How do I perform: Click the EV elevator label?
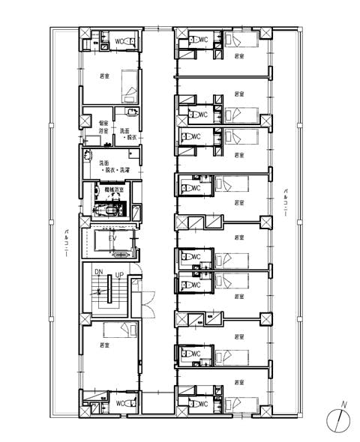coord(113,238)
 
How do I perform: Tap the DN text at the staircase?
coord(98,271)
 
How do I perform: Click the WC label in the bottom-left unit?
coord(119,404)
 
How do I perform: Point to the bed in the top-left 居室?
coord(129,86)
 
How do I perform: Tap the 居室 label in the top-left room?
coord(104,76)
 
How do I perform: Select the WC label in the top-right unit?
coord(203,39)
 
